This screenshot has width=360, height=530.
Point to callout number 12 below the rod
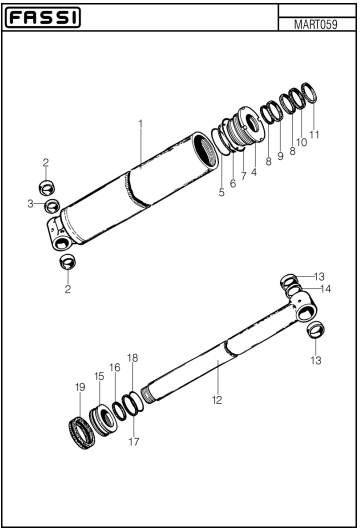click(216, 398)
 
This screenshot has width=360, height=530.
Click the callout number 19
click(80, 386)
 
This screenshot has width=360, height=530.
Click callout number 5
click(221, 192)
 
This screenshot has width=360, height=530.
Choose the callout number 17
click(133, 441)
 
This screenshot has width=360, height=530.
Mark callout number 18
click(133, 357)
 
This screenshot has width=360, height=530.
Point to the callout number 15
click(99, 376)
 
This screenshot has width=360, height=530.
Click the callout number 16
click(115, 368)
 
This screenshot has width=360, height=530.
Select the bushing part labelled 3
click(53, 206)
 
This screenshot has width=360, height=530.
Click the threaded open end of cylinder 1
click(206, 152)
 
